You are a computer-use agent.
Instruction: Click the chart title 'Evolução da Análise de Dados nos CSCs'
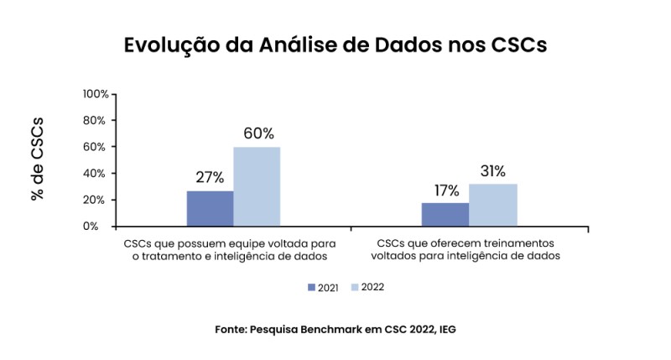click(335, 44)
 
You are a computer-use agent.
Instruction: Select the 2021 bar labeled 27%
click(210, 208)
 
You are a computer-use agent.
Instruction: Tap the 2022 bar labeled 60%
click(257, 186)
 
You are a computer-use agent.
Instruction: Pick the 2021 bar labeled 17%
click(445, 214)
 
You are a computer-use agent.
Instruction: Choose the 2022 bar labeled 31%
click(492, 205)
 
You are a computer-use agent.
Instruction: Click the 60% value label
click(258, 133)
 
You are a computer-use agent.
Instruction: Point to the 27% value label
click(210, 177)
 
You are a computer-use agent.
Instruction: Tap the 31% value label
click(492, 171)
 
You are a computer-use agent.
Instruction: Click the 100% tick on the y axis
click(95, 93)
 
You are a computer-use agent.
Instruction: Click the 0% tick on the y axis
click(99, 226)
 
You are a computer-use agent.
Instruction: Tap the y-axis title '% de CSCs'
click(37, 159)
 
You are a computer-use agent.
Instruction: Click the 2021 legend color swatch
click(312, 287)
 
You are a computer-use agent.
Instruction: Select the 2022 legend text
click(372, 287)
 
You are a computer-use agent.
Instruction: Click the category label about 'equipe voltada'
click(222, 248)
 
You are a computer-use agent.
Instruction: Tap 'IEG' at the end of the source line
click(445, 330)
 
